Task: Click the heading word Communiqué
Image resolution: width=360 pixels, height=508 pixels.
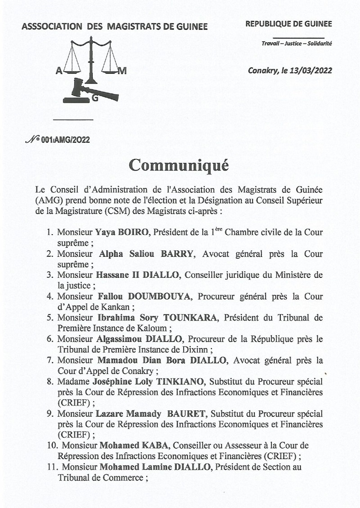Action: tap(179, 165)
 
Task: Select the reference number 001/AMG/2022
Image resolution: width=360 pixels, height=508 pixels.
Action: tap(65, 140)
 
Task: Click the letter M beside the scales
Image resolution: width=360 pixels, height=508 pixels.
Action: tap(122, 71)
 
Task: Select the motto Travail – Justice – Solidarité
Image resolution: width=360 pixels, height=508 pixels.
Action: tap(297, 44)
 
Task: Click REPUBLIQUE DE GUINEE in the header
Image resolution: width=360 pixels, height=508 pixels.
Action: tap(288, 24)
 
